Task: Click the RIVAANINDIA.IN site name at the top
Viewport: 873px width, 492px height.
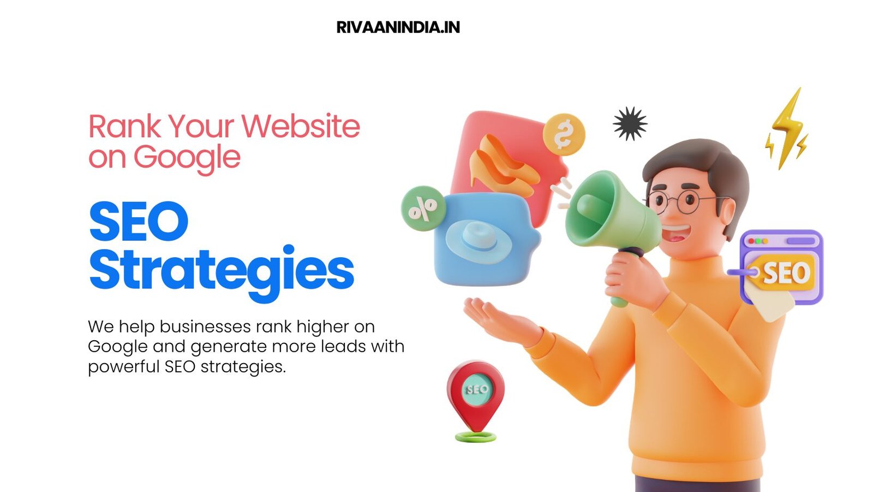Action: click(398, 27)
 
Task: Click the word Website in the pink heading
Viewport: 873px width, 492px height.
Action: click(301, 126)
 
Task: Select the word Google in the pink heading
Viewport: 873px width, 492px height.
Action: click(187, 158)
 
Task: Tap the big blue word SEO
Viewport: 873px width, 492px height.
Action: click(139, 221)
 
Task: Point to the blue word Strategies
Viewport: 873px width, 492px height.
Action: click(222, 270)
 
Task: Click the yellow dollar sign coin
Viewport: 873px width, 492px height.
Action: click(564, 134)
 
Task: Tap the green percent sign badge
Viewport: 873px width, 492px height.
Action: click(423, 208)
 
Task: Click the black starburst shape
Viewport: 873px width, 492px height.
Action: click(630, 123)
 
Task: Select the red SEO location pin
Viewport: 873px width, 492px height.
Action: click(476, 394)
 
